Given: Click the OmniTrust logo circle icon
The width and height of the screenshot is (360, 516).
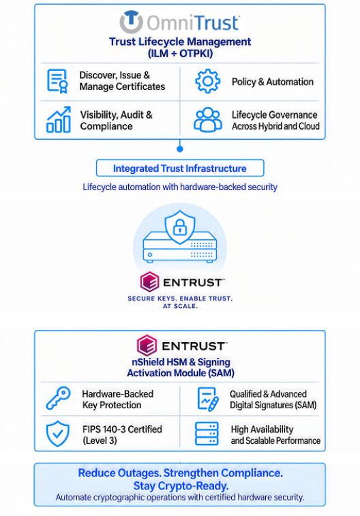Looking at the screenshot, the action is [132, 22].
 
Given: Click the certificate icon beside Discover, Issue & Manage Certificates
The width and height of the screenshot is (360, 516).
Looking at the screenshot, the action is [57, 81].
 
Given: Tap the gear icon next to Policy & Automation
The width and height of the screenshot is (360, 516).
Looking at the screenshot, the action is [208, 81].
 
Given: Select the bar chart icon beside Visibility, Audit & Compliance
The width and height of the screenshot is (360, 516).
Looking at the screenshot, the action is [59, 119].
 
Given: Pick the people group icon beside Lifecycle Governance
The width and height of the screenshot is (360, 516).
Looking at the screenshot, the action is [208, 120].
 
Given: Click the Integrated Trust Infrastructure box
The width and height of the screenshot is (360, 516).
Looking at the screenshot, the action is [180, 168].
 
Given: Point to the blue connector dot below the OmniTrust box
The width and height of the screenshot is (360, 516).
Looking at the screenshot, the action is [180, 149].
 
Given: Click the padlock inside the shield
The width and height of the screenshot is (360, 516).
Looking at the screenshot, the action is [180, 226].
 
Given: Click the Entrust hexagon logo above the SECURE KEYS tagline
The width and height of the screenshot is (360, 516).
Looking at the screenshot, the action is [150, 282].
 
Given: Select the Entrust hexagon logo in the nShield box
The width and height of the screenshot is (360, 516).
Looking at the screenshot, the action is [147, 346].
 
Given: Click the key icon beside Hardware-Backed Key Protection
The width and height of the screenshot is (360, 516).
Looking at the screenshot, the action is [58, 398].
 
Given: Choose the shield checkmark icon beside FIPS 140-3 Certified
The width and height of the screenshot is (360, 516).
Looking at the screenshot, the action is [58, 434].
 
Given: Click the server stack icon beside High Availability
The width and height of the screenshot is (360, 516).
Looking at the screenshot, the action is [207, 434].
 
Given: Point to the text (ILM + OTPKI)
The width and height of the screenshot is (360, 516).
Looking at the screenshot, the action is [180, 53].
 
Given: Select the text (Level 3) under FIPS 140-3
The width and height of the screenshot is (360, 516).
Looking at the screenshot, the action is [100, 440].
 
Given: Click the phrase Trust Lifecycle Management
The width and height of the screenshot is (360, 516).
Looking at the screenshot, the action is [180, 42].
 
